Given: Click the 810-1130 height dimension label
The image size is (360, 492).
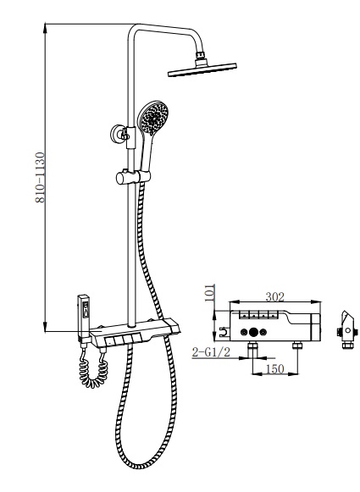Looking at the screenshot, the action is point(41,178).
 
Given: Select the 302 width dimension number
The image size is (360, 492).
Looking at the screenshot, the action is point(275,297).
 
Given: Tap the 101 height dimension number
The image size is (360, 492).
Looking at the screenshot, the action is point(210,293).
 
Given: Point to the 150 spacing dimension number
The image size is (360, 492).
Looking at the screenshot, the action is point(274,368).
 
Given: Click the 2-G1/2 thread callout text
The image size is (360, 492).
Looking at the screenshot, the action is point(211,352).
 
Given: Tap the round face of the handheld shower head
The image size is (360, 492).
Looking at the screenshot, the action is point(153,118).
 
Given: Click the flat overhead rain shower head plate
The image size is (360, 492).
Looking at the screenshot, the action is point(202,69).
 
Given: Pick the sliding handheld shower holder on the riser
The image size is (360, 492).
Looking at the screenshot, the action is point(133,177).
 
